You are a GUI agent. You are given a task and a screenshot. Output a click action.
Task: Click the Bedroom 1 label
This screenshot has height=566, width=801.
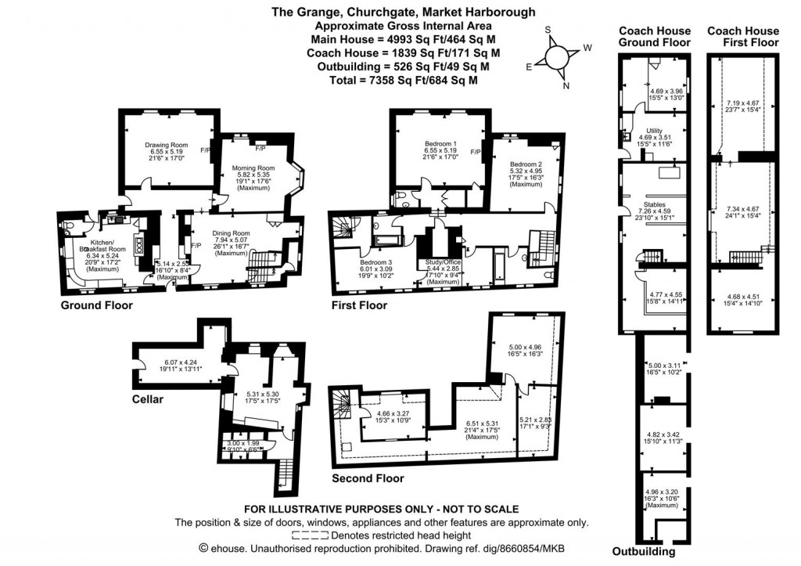[441, 145]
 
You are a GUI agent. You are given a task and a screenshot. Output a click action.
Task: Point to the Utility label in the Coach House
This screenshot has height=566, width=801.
[655, 130]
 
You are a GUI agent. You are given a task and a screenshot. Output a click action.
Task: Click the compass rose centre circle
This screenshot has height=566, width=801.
[557, 59]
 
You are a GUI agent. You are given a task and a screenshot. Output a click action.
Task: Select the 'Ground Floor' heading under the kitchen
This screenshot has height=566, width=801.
[96, 305]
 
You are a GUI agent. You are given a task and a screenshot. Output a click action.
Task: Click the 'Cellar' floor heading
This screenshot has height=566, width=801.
[147, 399]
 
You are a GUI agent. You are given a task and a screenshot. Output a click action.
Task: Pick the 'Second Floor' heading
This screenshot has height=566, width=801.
[368, 478]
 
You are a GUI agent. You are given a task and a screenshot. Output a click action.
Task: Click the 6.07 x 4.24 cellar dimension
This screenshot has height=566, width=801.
[181, 362]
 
